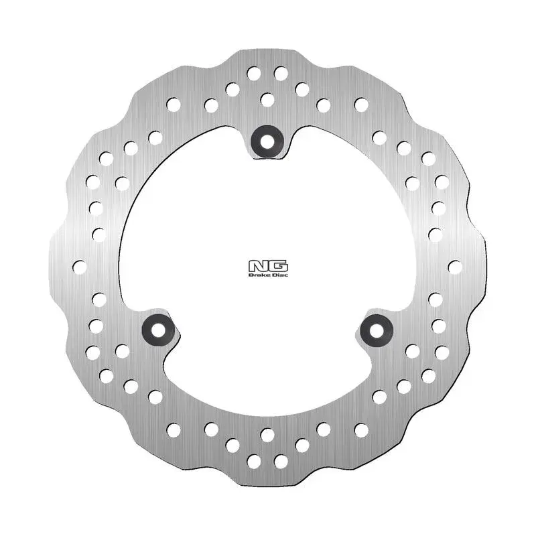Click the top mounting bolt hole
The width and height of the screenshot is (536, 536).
[x=267, y=141]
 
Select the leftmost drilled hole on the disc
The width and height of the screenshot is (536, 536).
[x=80, y=267]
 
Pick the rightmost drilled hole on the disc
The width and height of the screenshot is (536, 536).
[x=455, y=267]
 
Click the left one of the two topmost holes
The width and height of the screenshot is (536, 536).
[x=254, y=72]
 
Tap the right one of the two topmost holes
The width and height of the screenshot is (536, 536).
[x=281, y=72]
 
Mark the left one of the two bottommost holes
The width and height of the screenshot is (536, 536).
[x=254, y=461]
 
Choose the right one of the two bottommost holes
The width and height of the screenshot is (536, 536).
[x=281, y=461]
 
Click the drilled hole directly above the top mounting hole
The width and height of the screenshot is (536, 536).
[x=267, y=100]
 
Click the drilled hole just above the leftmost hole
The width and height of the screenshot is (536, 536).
[x=99, y=234]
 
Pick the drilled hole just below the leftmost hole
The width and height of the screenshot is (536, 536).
[x=99, y=299]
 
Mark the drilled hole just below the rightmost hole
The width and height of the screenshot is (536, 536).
[x=435, y=299]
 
